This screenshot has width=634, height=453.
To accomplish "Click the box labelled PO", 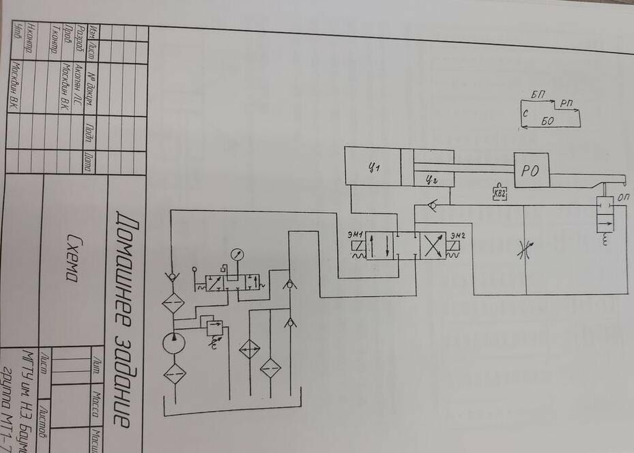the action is pos(531,171).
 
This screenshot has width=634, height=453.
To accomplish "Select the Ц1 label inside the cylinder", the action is pos(374,166).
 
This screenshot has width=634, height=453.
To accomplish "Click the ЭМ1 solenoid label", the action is pos(354,236).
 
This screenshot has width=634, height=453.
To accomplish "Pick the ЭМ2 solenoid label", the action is pos(457,236).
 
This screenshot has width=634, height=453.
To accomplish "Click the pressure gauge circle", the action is pos(237,254).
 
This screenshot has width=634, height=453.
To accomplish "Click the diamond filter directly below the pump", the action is pos(175,373).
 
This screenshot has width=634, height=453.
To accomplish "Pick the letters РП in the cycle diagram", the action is pos(566,103).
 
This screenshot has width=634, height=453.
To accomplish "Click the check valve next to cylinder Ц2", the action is pos(428,204).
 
